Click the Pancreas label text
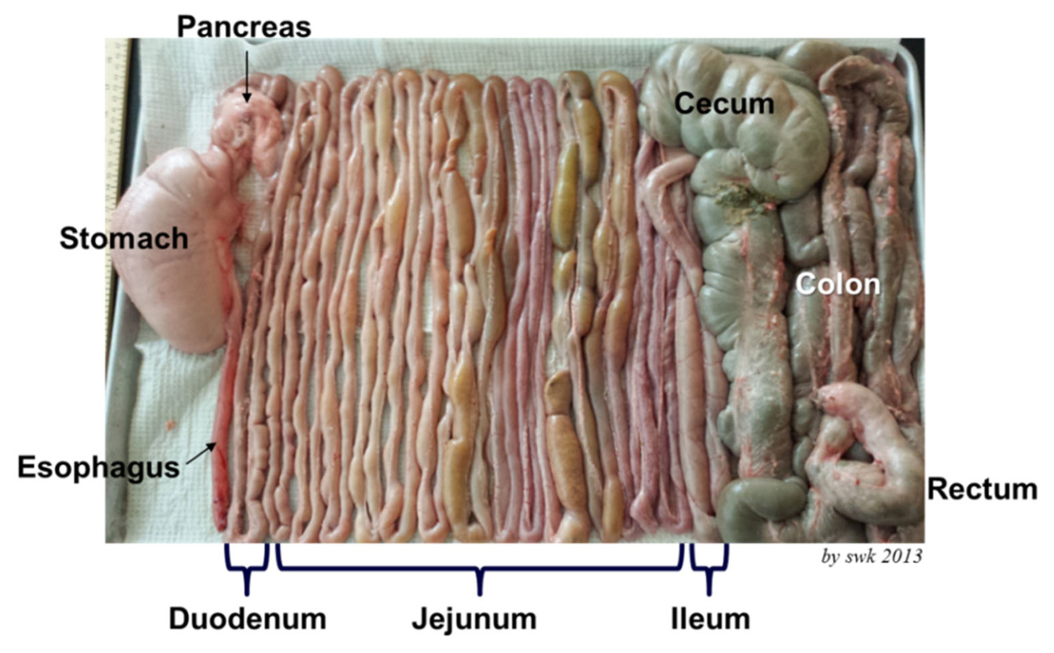pos(244,27)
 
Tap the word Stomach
pos(124,238)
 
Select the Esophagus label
pos(99,468)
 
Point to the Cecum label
pos(724,104)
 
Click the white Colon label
pos(838,284)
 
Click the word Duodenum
pos(247,619)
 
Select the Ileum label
pos(710,619)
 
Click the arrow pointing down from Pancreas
pos(246,76)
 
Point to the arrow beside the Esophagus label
pos(202,453)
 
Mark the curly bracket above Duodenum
pos(247,569)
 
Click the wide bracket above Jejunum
pos(480,569)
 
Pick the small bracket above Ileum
pos(709,569)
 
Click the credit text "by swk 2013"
pos(872,556)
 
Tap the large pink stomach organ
pos(175,251)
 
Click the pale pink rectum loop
pos(867,454)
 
